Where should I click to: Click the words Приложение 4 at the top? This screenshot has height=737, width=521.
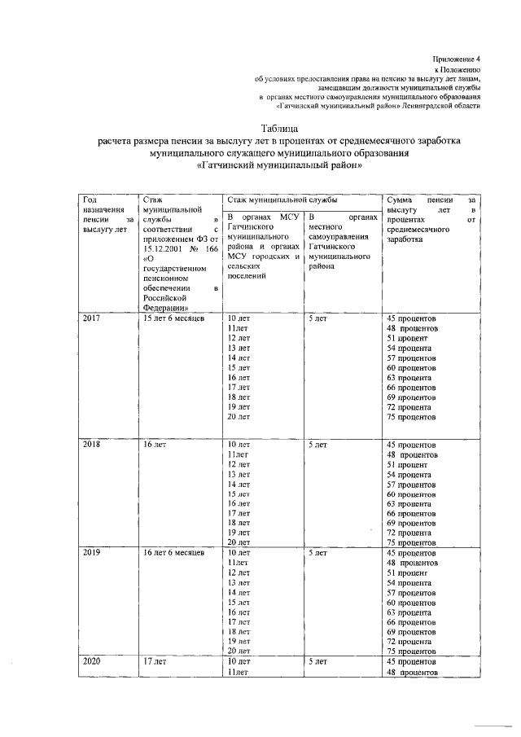coord(456,59)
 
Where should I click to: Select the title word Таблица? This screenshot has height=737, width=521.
coord(279,129)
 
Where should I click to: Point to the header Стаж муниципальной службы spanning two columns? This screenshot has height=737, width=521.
coord(282,199)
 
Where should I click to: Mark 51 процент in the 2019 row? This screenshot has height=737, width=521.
coord(407,573)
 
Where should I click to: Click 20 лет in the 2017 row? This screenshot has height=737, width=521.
coord(238,416)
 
